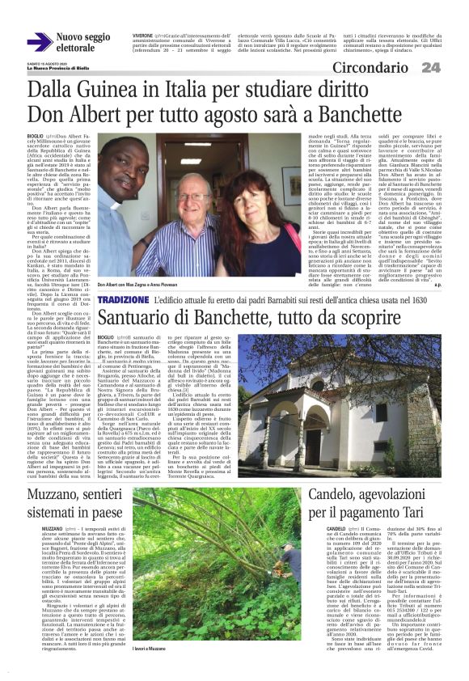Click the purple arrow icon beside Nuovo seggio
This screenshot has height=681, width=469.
tap(37, 42)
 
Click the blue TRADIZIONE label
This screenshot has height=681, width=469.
tap(122, 300)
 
